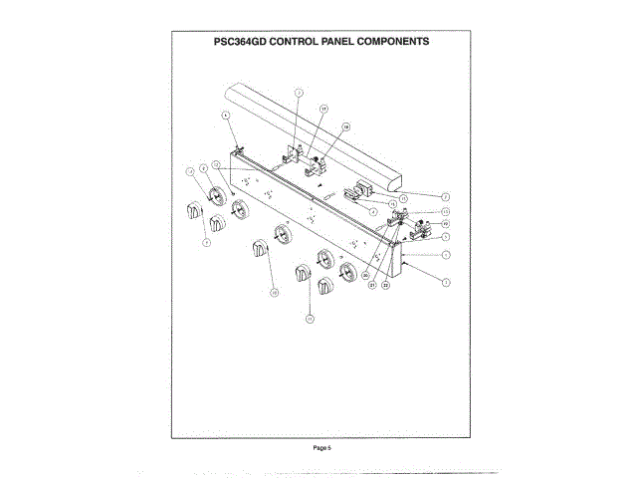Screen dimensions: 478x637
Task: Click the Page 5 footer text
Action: click(x=321, y=448)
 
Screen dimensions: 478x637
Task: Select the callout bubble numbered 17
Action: click(x=323, y=107)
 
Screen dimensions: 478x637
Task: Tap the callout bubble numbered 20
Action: click(x=365, y=274)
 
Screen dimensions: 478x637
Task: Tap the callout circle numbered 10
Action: click(x=309, y=319)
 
